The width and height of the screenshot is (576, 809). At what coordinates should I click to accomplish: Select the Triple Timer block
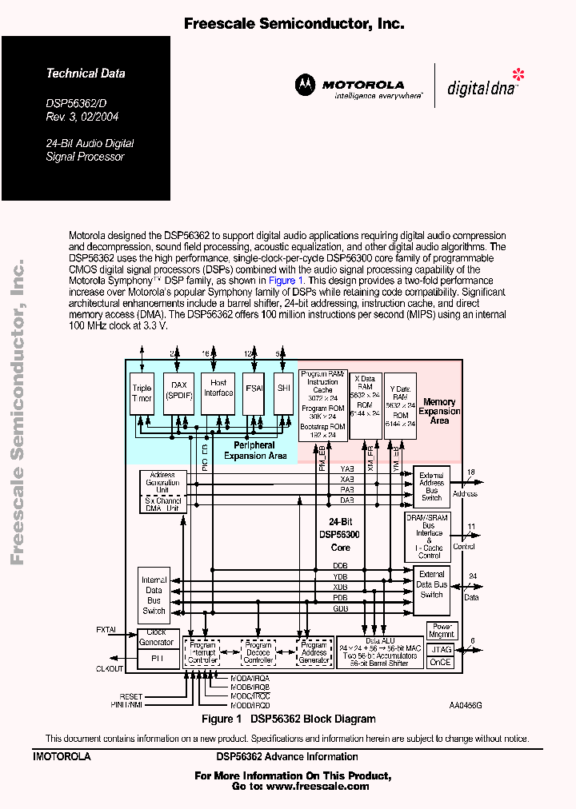click(x=142, y=393)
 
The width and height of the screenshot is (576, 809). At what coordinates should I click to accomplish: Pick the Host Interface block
click(x=218, y=388)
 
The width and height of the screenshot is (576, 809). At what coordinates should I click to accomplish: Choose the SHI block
click(x=283, y=388)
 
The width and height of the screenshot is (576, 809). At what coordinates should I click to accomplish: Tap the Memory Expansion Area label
click(x=439, y=411)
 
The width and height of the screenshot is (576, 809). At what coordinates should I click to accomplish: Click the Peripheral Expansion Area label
click(x=255, y=450)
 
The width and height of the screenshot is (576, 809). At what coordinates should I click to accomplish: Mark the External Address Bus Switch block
click(x=431, y=487)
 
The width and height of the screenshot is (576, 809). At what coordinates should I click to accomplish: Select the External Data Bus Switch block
click(x=431, y=584)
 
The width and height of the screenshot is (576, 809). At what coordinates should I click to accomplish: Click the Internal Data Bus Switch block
click(x=154, y=596)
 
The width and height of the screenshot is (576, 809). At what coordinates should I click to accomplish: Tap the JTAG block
click(x=441, y=649)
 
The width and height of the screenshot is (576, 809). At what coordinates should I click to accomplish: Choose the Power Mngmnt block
click(x=441, y=631)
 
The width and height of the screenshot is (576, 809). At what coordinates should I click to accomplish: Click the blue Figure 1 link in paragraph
click(x=286, y=281)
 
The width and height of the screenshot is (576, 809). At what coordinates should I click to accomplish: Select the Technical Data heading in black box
click(x=86, y=74)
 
